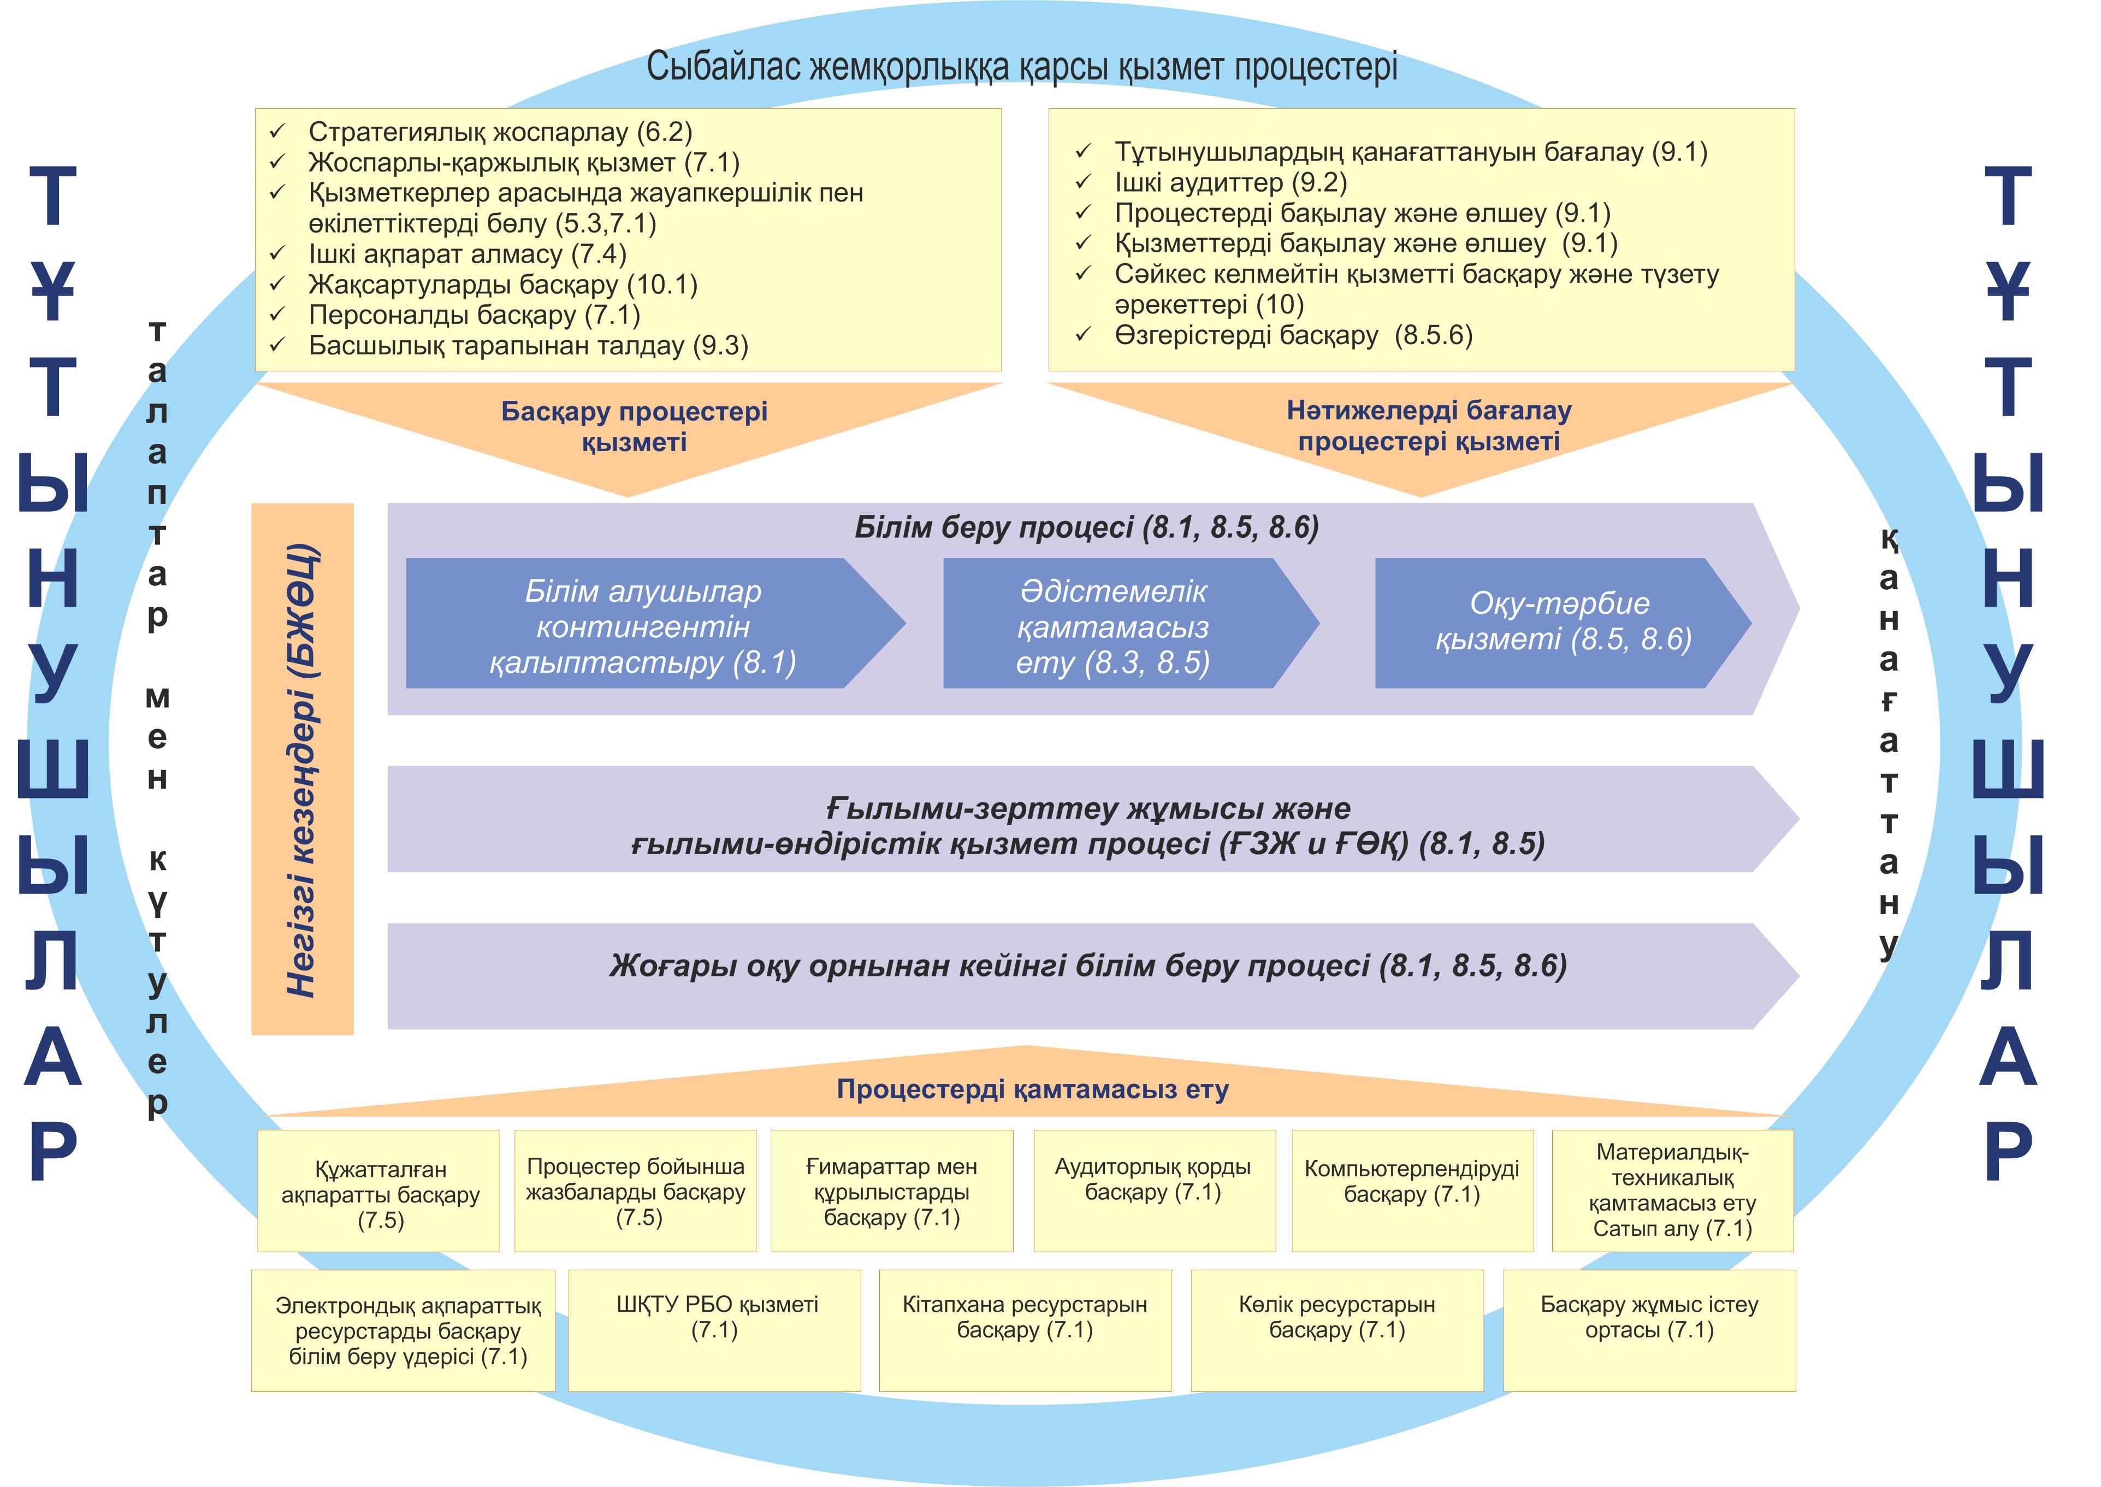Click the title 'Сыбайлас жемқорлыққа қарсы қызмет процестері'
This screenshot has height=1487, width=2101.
(1022, 67)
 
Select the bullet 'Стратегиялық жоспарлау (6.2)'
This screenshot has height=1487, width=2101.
(500, 132)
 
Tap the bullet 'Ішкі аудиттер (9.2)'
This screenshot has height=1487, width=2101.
(1230, 182)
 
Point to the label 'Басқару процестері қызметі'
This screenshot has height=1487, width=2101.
(634, 426)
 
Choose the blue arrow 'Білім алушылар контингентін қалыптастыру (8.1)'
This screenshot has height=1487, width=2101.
(643, 626)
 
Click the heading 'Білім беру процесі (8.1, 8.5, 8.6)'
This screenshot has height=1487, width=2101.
(1087, 528)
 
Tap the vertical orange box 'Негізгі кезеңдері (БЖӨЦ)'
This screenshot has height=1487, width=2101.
(302, 769)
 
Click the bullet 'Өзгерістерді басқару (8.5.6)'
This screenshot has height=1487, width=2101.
(1293, 335)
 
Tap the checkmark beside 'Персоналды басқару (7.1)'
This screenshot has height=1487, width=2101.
(277, 315)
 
